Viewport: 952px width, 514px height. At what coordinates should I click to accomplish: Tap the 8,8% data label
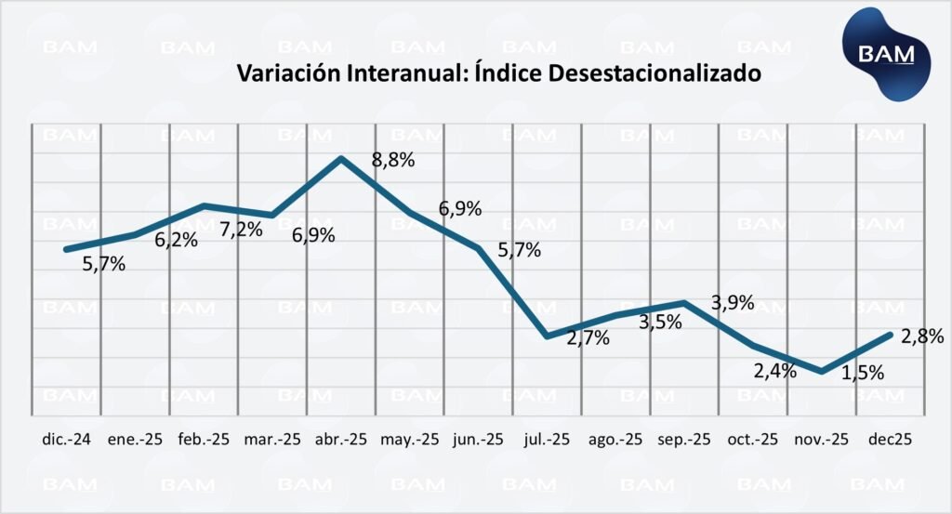(393, 160)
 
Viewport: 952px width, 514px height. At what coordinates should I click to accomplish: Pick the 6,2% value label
(176, 240)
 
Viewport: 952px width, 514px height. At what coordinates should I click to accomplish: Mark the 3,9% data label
(733, 303)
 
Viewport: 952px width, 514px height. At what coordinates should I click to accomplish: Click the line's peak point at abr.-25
(342, 158)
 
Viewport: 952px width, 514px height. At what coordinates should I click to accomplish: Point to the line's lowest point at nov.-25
(821, 372)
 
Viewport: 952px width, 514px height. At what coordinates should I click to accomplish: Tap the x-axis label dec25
(891, 440)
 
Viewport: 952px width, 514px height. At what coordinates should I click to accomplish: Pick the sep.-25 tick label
(684, 440)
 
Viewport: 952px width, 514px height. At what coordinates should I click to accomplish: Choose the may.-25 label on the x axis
(409, 440)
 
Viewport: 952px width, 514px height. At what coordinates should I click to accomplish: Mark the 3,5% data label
(660, 323)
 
